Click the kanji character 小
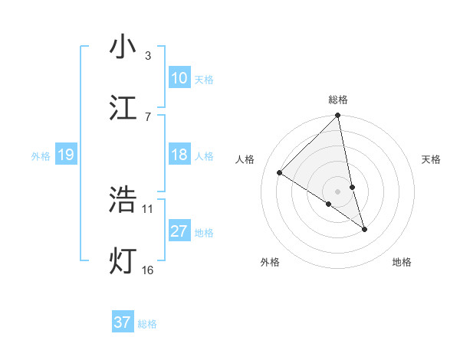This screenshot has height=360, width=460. (x=123, y=48)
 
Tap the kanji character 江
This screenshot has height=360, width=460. (x=123, y=108)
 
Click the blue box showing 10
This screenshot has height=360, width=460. (x=179, y=78)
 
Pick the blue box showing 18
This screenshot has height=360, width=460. (x=179, y=155)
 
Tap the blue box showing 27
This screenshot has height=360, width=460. (x=179, y=231)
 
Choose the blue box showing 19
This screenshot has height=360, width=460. (x=66, y=155)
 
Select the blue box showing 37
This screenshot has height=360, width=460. (x=123, y=322)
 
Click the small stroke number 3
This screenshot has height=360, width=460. (x=148, y=56)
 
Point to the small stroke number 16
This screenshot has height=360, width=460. (x=148, y=270)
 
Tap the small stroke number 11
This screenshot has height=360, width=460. (x=148, y=208)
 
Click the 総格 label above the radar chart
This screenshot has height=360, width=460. (x=338, y=100)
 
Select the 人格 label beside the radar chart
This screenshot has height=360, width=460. (x=245, y=159)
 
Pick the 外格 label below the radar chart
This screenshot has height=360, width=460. (x=270, y=262)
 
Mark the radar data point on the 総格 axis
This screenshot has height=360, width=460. (x=338, y=116)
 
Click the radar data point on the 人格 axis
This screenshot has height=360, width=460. (x=280, y=173)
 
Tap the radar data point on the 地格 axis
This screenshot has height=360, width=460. (x=365, y=229)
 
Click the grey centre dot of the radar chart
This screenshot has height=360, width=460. (x=338, y=191)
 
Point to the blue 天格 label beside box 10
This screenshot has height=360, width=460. (x=204, y=79)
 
